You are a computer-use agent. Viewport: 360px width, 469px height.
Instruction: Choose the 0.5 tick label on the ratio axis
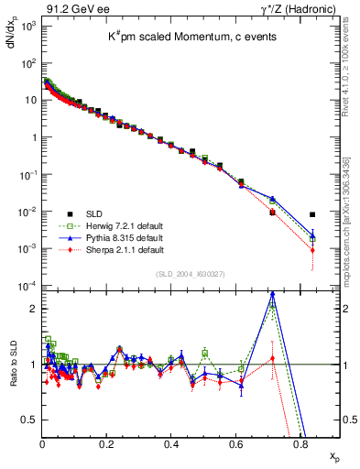[30, 420]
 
